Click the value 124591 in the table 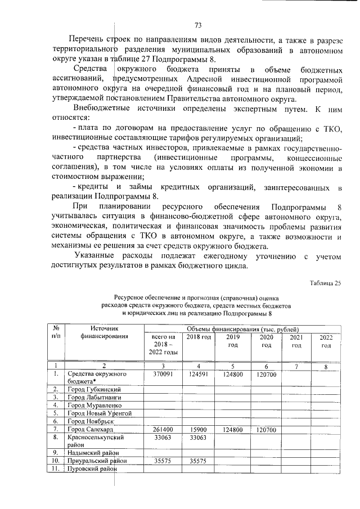(x=198, y=374)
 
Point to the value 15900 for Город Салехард (x=198, y=429)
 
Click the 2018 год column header (x=198, y=337)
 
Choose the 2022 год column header (x=326, y=340)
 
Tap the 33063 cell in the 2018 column (x=198, y=437)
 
